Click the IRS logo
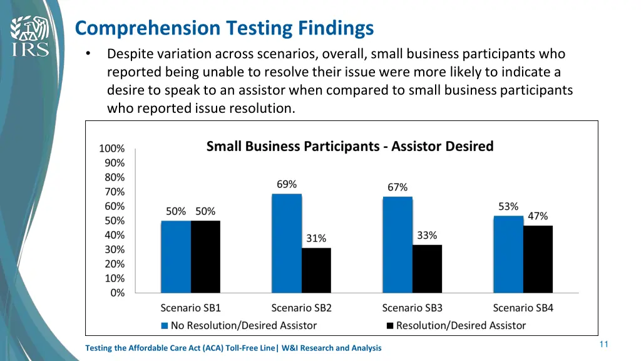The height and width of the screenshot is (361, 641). coord(29,36)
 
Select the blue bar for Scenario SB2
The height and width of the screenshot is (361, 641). coord(287,243)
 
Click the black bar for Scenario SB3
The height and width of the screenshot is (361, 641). coord(427,268)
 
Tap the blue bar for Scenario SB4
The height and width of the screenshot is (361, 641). coord(508,254)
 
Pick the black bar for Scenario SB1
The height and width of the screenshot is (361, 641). coord(205,256)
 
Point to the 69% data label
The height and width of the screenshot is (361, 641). coord(287,184)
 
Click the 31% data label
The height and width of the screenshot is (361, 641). coord(316,238)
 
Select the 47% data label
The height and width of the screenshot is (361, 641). coord(538,216)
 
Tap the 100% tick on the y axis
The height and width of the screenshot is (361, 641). coord(112,149)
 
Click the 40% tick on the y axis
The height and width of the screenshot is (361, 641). coord(114,235)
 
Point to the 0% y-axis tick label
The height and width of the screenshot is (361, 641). coord(117,293)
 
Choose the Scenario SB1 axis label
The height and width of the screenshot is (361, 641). coord(191,308)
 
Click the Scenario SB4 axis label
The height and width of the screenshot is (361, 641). coord(523,308)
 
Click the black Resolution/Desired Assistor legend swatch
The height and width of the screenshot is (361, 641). coord(390,325)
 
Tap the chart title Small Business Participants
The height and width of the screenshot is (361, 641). coord(350,146)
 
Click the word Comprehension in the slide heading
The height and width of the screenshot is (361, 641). coord(147,28)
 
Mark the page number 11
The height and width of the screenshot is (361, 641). coord(603,344)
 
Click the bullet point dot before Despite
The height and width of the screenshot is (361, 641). coord(88,55)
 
